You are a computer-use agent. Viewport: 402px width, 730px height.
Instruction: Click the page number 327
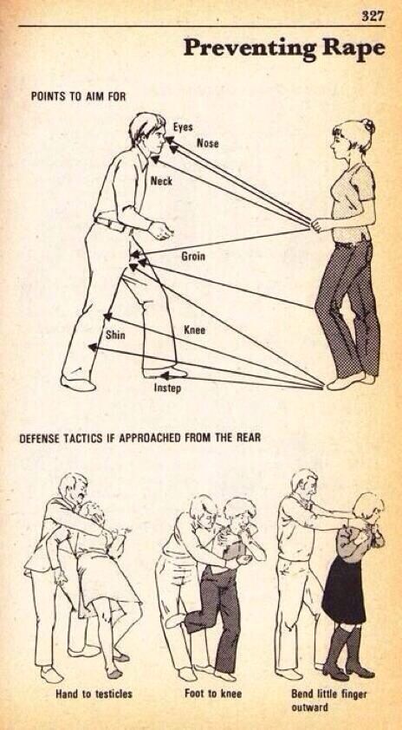(373, 16)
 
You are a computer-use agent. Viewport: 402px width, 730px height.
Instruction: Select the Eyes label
(183, 127)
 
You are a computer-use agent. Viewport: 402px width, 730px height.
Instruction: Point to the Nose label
(208, 143)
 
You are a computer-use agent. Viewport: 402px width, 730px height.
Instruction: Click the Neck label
(161, 181)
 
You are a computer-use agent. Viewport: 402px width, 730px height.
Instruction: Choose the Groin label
(193, 257)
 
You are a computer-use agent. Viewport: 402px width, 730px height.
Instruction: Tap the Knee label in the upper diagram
(194, 330)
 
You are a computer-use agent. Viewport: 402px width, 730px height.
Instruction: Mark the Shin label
(115, 335)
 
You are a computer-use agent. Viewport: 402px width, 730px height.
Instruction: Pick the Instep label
(167, 388)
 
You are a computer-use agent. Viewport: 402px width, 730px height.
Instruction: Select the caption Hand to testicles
(94, 694)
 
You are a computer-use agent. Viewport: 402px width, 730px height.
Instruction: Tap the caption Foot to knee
(213, 694)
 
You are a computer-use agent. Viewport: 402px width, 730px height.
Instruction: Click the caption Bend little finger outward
(329, 701)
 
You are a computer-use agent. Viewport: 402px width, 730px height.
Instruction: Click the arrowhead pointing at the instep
(165, 375)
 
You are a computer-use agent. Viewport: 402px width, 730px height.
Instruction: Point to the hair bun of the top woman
(369, 125)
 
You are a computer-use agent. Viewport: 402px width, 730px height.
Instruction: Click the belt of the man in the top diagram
(112, 225)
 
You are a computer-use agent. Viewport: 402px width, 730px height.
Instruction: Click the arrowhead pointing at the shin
(93, 347)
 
